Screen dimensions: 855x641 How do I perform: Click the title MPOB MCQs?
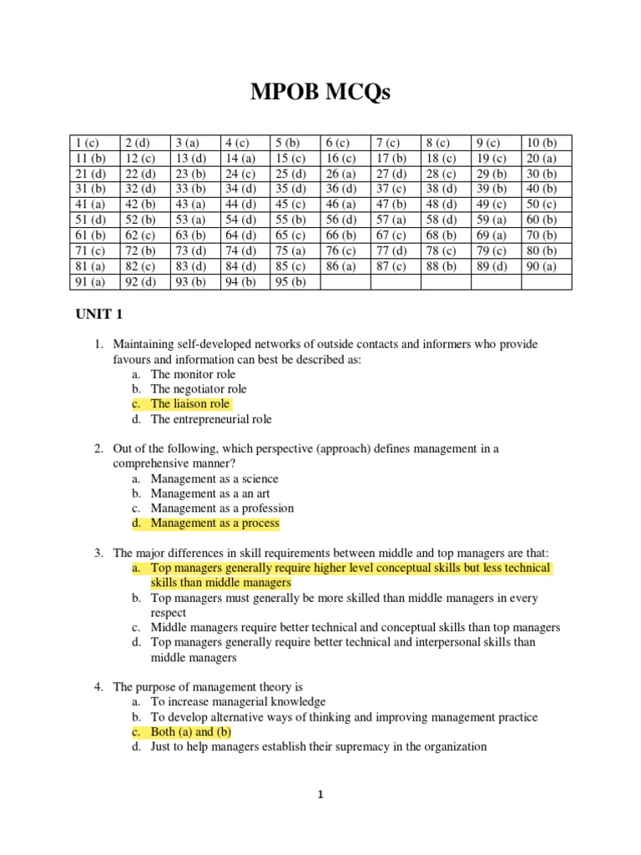click(320, 93)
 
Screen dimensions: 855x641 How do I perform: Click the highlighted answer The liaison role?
click(189, 404)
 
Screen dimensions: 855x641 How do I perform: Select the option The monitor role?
click(193, 374)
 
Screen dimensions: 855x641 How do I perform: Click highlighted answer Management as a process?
click(215, 524)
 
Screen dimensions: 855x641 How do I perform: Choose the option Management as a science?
click(214, 478)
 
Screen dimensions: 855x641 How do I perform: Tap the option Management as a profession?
click(221, 508)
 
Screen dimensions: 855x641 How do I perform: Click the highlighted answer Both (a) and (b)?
click(190, 732)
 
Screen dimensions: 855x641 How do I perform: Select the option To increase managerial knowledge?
click(238, 702)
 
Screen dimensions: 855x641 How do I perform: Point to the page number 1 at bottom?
click(320, 795)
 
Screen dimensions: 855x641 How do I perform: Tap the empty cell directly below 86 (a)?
click(345, 281)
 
